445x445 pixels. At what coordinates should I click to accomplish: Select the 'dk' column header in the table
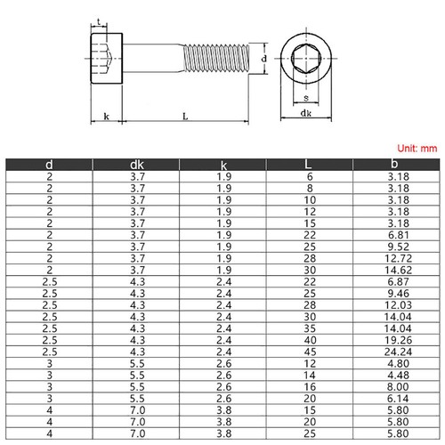click(x=136, y=165)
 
